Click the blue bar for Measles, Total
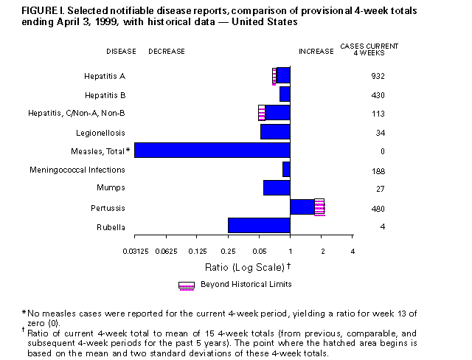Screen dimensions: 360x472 (212, 150)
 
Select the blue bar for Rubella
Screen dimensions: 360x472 (259, 226)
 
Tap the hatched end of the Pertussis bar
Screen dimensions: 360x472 (319, 207)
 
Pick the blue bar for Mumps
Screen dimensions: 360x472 (277, 188)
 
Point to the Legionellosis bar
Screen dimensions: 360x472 (275, 131)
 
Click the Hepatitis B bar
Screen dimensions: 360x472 (285, 94)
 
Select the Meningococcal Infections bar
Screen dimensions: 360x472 (286, 170)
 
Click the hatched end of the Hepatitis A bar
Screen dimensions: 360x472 (274, 75)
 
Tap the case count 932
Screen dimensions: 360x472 (378, 76)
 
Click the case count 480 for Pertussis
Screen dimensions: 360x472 (378, 208)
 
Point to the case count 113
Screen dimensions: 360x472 (378, 114)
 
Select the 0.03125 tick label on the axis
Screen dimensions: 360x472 (134, 253)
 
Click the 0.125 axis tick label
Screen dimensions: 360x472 (197, 253)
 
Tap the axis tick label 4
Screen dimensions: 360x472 (353, 253)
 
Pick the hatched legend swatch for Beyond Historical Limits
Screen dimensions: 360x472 (187, 285)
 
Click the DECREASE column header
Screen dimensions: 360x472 (167, 52)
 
